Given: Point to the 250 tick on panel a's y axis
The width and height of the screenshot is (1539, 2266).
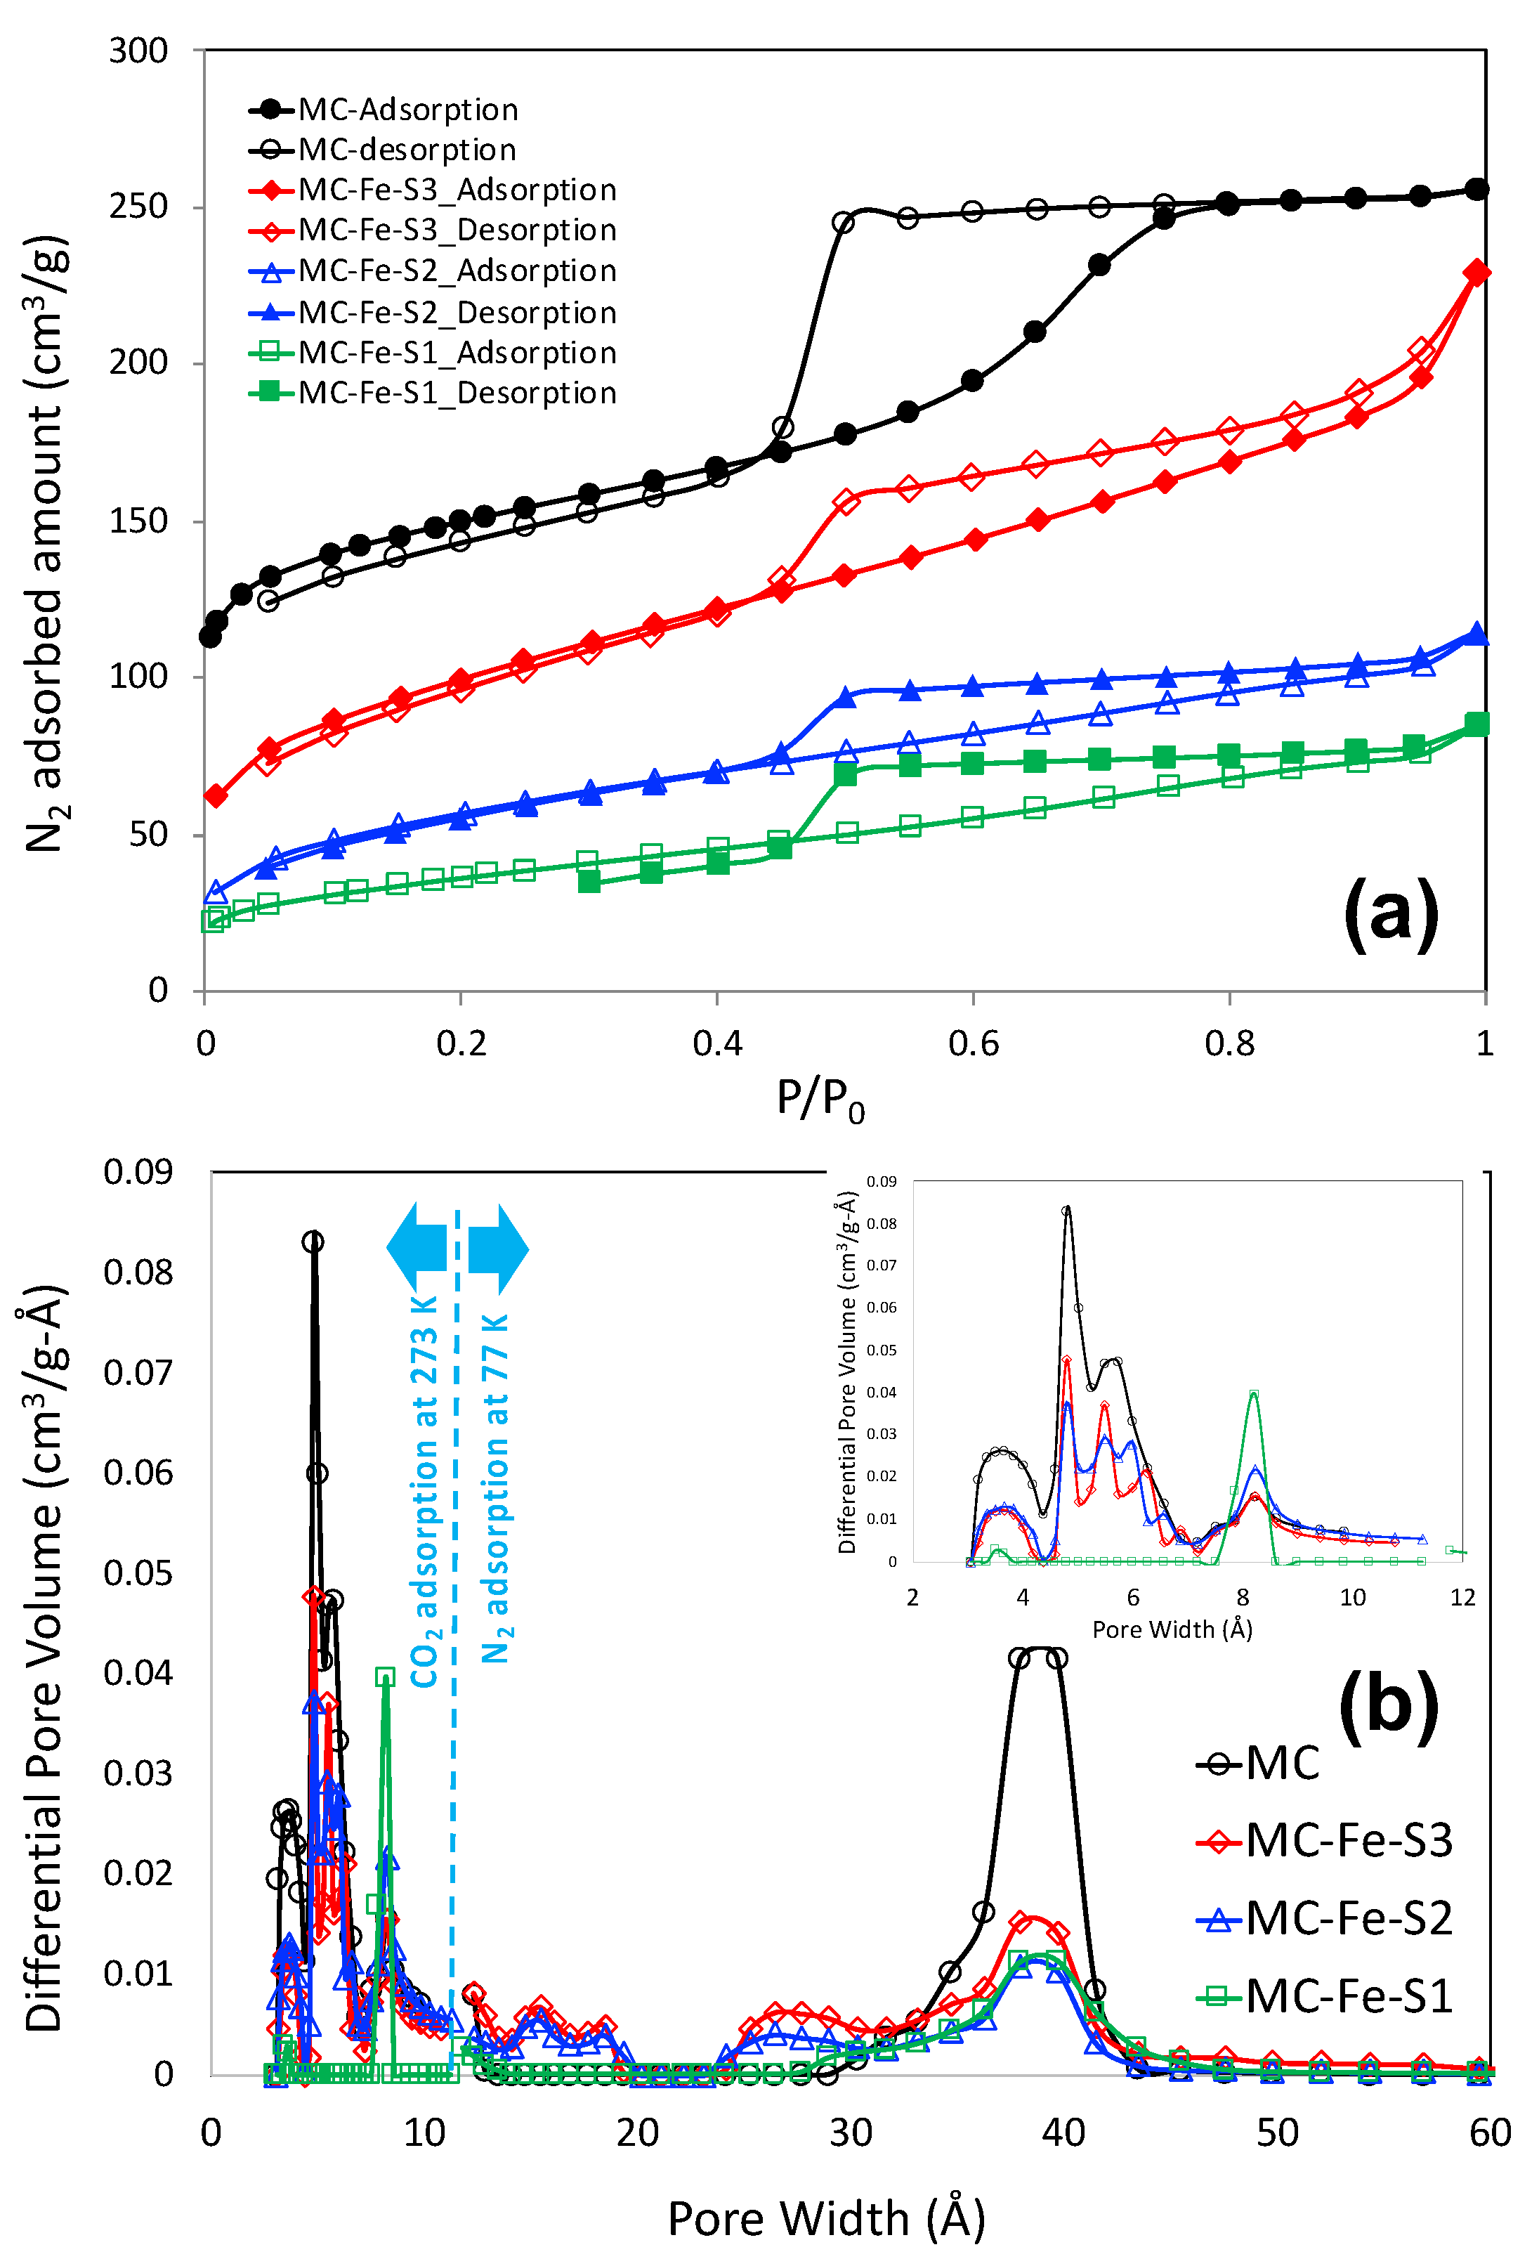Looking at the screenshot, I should click(138, 207).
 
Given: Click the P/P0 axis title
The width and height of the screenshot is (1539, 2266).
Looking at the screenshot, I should click(820, 1099).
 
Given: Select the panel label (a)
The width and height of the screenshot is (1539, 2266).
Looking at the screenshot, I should click(1390, 913).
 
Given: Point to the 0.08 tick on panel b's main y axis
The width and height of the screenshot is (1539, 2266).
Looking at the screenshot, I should click(138, 1272).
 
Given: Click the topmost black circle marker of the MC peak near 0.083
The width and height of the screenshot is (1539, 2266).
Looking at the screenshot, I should click(313, 1242).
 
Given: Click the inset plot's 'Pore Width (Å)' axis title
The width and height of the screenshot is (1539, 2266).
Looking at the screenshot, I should click(1172, 1629).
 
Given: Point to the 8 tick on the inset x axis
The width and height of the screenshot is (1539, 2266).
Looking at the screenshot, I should click(1243, 1596).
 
